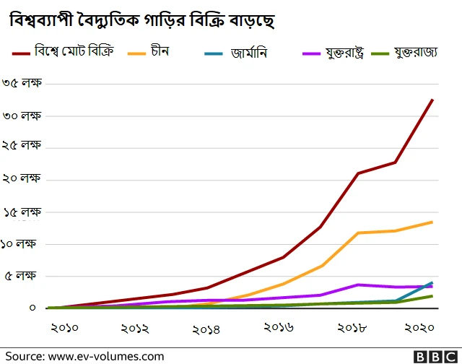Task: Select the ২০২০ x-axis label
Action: (x=419, y=329)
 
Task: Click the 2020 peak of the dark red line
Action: (x=432, y=100)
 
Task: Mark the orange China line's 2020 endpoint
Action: (x=432, y=222)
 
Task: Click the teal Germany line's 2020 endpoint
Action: (x=432, y=282)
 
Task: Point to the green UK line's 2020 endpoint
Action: (x=432, y=296)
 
